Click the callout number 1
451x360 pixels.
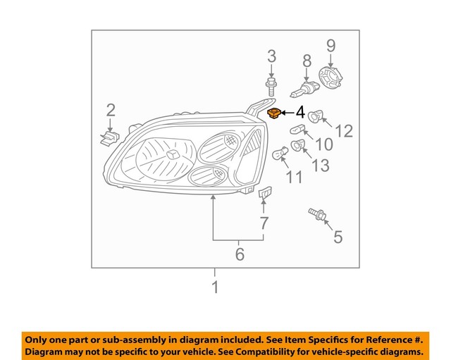[215, 287]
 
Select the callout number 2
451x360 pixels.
[111, 109]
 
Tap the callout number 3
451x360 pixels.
[271, 57]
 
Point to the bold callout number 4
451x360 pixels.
[299, 112]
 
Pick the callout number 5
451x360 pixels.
[338, 237]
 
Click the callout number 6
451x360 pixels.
[240, 254]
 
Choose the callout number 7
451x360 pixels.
[264, 224]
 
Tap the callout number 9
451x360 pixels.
[331, 46]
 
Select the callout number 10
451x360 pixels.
[323, 145]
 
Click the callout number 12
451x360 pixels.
[343, 130]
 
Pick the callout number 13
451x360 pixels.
[321, 166]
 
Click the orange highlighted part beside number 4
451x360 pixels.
[275, 113]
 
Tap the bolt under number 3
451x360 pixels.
[271, 88]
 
